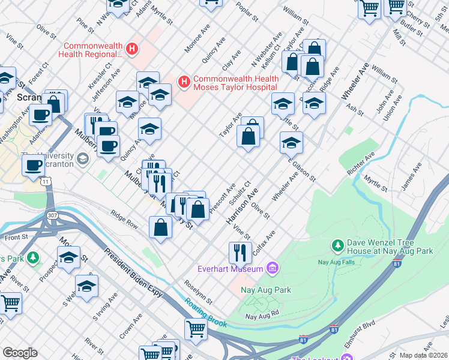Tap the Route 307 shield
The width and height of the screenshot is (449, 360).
coord(51,215)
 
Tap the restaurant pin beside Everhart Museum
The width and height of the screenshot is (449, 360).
coord(239,252)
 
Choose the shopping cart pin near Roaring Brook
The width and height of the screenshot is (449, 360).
coord(196,329)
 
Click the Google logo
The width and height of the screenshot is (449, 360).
coord(20,353)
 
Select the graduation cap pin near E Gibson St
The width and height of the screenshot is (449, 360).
coord(291,143)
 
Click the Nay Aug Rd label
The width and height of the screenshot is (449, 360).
coord(262,315)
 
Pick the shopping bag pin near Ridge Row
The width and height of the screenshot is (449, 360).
coord(161,227)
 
